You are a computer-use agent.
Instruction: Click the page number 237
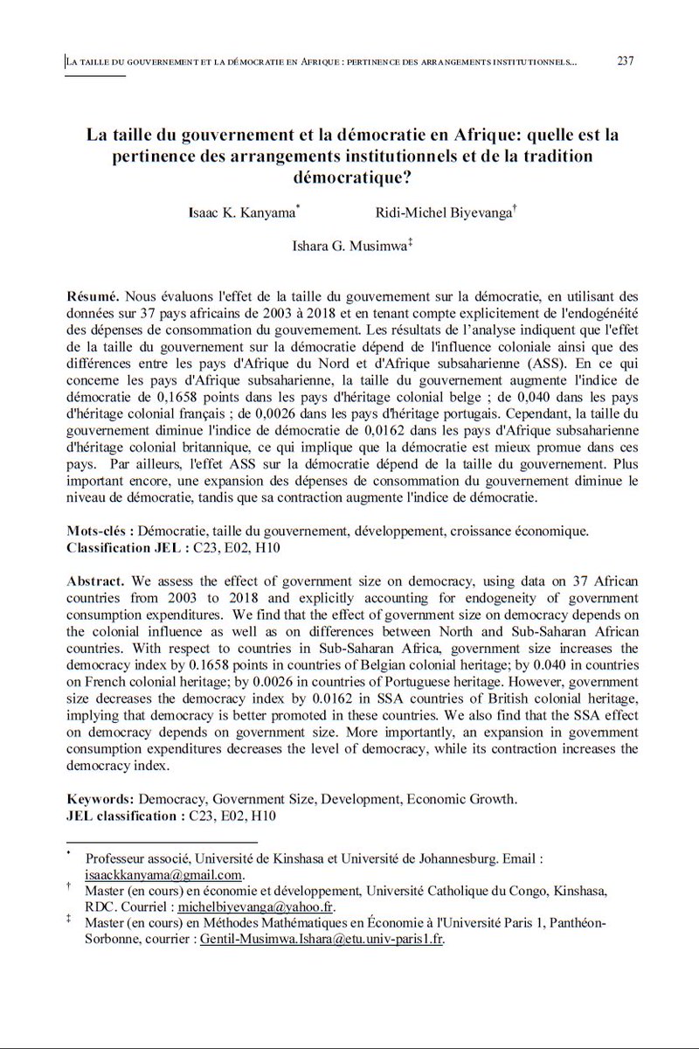coord(625,61)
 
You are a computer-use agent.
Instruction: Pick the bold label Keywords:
coord(100,798)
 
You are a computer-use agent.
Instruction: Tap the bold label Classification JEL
coord(126,547)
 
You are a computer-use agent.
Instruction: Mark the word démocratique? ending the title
coord(349,175)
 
